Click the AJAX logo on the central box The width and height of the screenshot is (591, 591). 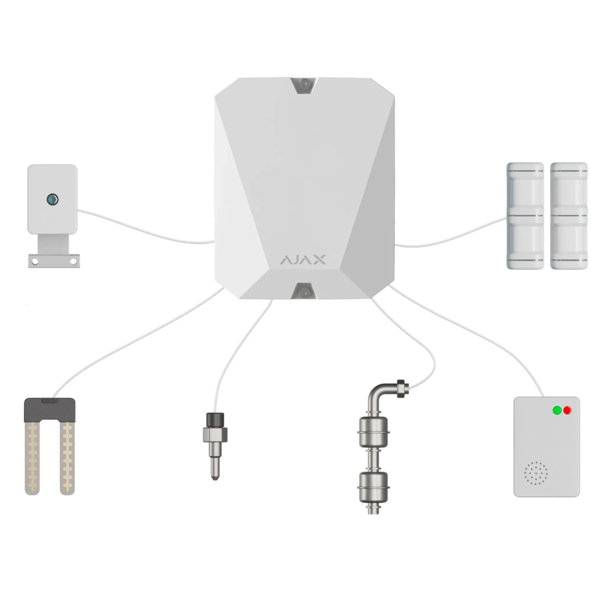pyautogui.click(x=303, y=260)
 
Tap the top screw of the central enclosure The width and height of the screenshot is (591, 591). pyautogui.click(x=304, y=84)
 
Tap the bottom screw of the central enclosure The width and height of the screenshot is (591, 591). pyautogui.click(x=304, y=291)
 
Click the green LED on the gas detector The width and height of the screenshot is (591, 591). pyautogui.click(x=557, y=410)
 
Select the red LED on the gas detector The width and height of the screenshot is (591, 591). pyautogui.click(x=567, y=410)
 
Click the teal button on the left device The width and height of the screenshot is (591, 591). pyautogui.click(x=52, y=199)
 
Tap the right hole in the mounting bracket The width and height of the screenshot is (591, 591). pyautogui.click(x=73, y=261)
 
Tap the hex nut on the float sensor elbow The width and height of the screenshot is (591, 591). pyautogui.click(x=401, y=389)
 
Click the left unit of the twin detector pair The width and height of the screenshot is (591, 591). pyautogui.click(x=525, y=216)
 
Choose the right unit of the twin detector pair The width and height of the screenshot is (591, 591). pyautogui.click(x=569, y=216)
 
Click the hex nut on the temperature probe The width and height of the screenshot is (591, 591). pyautogui.click(x=215, y=434)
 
